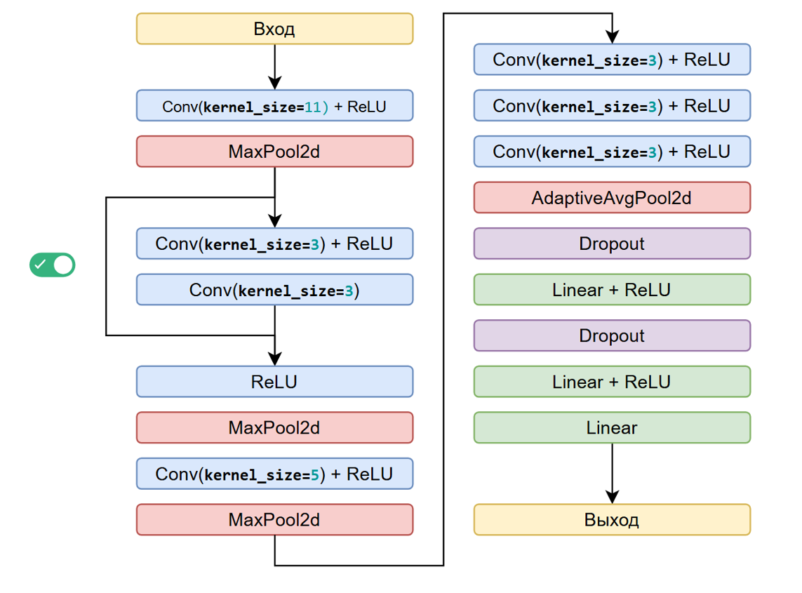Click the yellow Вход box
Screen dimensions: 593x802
274,29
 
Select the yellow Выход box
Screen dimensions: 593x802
612,520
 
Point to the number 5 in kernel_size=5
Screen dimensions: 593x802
316,474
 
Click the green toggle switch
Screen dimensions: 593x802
52,265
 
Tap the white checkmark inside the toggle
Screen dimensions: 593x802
41,265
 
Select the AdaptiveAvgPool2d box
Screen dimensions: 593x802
612,198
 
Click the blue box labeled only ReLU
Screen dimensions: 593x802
274,382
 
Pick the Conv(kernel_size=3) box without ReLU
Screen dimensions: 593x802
274,290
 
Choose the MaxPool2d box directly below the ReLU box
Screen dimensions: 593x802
274,427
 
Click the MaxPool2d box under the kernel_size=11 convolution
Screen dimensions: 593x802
274,152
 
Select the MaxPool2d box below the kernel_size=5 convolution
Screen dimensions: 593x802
274,520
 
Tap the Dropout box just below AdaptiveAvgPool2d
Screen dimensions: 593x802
612,244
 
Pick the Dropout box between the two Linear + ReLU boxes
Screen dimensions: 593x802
612,335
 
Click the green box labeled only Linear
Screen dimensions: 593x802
612,427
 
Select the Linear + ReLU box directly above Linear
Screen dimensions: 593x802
612,382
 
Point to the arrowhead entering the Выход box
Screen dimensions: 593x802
612,498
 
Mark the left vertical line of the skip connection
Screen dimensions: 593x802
106,267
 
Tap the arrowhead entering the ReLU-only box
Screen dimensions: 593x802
274,359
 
